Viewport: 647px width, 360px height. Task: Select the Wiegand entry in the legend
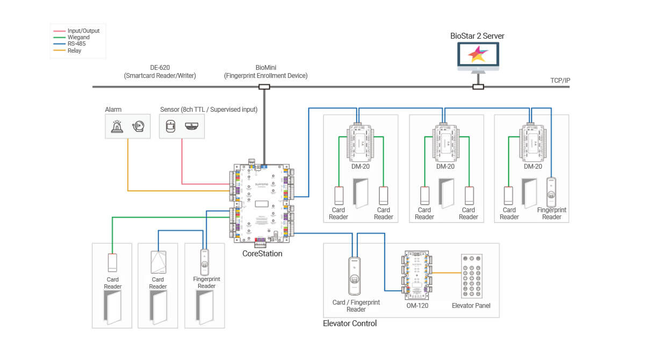pos(78,38)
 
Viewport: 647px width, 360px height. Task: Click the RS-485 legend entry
pos(76,44)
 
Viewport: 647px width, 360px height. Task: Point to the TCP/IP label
pos(560,81)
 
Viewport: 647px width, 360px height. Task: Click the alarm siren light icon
pos(117,126)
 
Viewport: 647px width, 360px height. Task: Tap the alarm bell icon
pos(138,126)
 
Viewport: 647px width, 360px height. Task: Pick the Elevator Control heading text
pos(349,323)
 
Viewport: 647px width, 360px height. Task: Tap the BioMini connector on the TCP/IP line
pos(264,87)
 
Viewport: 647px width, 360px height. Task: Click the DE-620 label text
pos(160,68)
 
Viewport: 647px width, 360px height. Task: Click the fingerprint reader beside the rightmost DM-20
pos(551,192)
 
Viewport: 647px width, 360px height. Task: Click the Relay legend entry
pos(75,51)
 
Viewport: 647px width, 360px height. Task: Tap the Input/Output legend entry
pos(83,31)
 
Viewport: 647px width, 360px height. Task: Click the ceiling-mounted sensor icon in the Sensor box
pos(192,126)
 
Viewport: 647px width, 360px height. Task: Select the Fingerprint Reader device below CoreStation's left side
pos(204,261)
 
